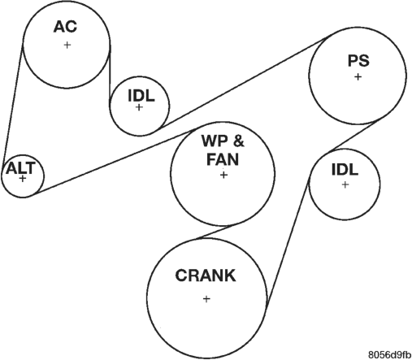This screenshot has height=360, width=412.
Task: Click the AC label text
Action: [x=65, y=27]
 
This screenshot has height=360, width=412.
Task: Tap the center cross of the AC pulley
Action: [x=67, y=45]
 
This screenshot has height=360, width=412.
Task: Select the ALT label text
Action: [x=21, y=168]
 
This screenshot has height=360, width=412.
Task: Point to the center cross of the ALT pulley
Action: [x=23, y=179]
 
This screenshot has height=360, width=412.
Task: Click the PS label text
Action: [x=358, y=61]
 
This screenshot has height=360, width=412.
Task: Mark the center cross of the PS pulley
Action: [x=358, y=77]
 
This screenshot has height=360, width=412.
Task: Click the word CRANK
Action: [x=206, y=275]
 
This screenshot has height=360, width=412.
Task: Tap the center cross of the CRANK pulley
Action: [x=206, y=299]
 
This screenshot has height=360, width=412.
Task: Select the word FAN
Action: [x=223, y=159]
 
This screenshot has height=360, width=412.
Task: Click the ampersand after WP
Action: [x=238, y=141]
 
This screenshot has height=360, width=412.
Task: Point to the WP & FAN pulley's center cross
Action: [x=223, y=176]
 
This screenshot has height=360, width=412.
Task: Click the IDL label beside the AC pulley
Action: [x=141, y=96]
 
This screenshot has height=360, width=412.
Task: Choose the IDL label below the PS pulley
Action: [x=345, y=170]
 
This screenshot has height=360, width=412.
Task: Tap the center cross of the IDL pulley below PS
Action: [x=345, y=184]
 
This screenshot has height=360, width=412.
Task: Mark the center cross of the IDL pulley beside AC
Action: [x=139, y=107]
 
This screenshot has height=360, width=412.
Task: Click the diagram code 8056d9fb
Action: [x=390, y=354]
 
